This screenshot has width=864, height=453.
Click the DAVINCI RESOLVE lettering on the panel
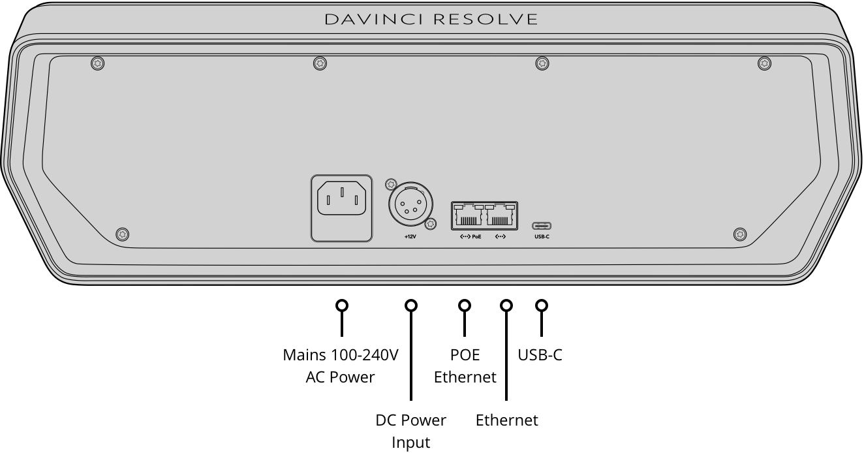[431, 20]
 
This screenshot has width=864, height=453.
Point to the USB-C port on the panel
[542, 225]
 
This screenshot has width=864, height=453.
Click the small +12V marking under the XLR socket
[410, 236]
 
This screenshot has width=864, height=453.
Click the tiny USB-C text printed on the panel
[542, 236]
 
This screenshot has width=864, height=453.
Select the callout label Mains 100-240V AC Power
[341, 366]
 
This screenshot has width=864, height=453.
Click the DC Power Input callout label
[411, 431]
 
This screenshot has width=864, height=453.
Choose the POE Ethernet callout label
[465, 366]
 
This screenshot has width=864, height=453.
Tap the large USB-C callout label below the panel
[540, 355]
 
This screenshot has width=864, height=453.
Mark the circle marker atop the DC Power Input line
[411, 305]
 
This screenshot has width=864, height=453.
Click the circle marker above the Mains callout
[341, 305]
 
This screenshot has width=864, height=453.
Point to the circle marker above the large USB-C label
[541, 305]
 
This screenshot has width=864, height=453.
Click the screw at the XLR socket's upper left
[392, 184]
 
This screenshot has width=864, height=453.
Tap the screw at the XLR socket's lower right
[430, 225]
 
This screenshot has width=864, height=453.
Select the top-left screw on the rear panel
[97, 63]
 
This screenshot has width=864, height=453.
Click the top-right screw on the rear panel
[764, 63]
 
